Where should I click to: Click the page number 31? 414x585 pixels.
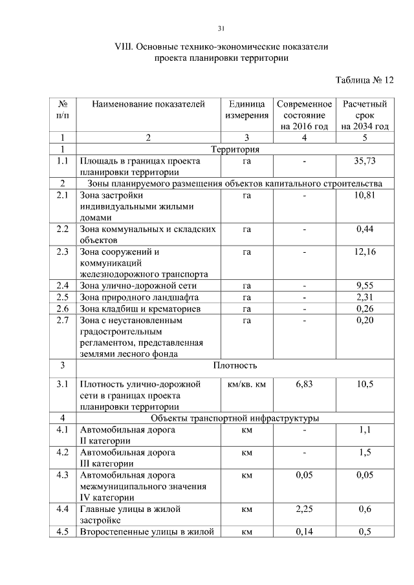click(221, 28)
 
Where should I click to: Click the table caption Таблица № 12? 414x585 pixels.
click(364, 81)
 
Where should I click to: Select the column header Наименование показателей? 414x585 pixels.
click(148, 103)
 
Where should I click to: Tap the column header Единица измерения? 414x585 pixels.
click(246, 109)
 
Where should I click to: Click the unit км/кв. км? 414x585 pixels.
click(246, 384)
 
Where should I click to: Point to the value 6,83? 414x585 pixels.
click(304, 384)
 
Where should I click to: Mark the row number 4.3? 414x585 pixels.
click(63, 475)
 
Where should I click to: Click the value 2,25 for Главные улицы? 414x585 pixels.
click(304, 509)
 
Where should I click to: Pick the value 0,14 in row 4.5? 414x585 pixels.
click(304, 532)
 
